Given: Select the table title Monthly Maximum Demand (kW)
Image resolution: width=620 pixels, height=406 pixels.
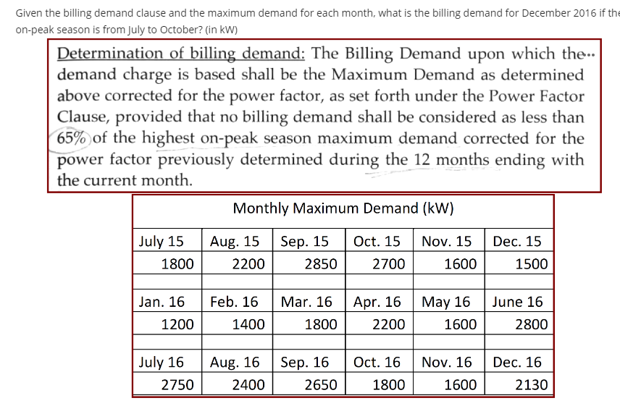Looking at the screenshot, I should pos(343,208).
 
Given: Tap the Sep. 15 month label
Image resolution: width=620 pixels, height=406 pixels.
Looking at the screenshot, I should pos(304,241).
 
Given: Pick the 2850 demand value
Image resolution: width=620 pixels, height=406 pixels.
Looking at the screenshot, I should pos(320,263).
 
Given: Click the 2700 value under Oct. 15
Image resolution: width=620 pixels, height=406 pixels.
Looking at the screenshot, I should pos(388,263).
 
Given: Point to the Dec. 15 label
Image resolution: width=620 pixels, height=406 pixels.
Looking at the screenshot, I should pos(516,241).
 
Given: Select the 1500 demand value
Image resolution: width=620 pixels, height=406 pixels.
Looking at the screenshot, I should pos(531,263).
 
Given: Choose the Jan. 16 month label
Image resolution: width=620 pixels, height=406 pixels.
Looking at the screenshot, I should pos(162,302).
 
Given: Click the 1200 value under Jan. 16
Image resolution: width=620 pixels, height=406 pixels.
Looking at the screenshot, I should pos(177,324).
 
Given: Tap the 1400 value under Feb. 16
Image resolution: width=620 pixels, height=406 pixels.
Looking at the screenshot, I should pos(248,324).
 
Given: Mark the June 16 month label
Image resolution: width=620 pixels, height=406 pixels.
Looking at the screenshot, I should pos(517,302).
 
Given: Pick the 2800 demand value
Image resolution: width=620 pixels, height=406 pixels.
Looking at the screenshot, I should pos(531,324).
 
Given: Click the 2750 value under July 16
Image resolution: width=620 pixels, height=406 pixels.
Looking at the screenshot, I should pos(177,384).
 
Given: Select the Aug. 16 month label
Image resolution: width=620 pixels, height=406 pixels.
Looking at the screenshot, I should pos(235,362).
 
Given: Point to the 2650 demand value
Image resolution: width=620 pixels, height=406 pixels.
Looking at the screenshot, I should pos(320,384).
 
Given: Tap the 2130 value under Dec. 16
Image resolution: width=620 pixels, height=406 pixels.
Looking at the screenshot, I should pos(531,384).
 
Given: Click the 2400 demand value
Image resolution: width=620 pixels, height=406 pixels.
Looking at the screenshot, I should pos(248,384).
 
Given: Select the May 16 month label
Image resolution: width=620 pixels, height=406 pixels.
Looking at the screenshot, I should pos(445,302).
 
